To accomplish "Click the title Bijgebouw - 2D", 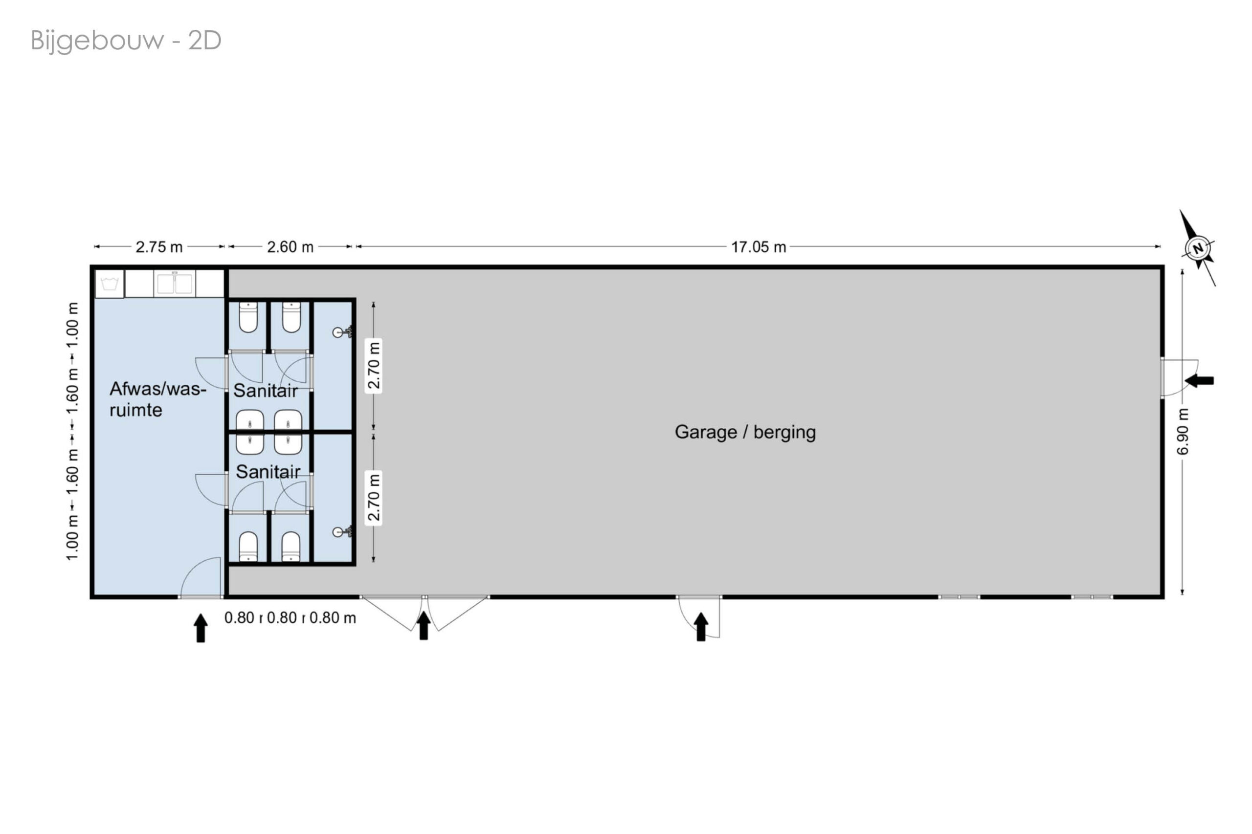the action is (x=126, y=41).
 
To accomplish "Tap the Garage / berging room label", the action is (x=745, y=432).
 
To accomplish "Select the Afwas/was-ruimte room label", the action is (x=157, y=399).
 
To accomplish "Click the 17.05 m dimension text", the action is (x=758, y=247).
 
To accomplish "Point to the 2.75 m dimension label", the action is (x=159, y=247).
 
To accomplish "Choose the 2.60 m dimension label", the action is (x=290, y=247).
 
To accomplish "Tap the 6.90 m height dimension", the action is (x=1182, y=431).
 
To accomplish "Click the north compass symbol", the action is (x=1198, y=247).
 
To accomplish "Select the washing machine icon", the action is (x=110, y=284).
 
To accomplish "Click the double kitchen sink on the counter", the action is (x=175, y=283).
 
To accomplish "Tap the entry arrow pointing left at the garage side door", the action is (x=1199, y=380).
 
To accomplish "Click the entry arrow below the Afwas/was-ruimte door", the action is (x=201, y=628).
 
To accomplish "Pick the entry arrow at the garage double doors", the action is (x=424, y=626).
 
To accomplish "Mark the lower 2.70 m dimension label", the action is (x=374, y=497).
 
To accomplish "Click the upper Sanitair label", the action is (x=266, y=391).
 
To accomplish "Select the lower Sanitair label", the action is (x=268, y=471).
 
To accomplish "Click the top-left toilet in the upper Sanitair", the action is (x=248, y=317).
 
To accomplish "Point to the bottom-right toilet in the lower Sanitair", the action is (x=291, y=546).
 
